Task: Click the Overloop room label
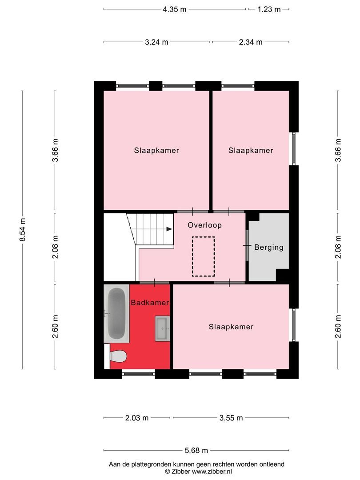click(x=204, y=225)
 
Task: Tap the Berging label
click(x=268, y=248)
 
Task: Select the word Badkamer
click(x=150, y=303)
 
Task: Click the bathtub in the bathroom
click(x=116, y=314)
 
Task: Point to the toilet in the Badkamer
click(x=118, y=356)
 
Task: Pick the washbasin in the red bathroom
click(x=163, y=329)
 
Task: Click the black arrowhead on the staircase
click(x=169, y=229)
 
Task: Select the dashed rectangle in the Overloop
click(x=204, y=256)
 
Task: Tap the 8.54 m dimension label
click(x=23, y=230)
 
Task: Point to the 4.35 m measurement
click(x=174, y=9)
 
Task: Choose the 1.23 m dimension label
click(x=269, y=9)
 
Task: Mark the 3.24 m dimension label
click(x=156, y=42)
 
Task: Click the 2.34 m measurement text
click(x=251, y=42)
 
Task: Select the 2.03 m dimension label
click(x=136, y=418)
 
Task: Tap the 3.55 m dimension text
click(x=231, y=418)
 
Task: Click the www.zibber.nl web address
click(x=208, y=471)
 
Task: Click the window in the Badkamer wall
click(x=138, y=374)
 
